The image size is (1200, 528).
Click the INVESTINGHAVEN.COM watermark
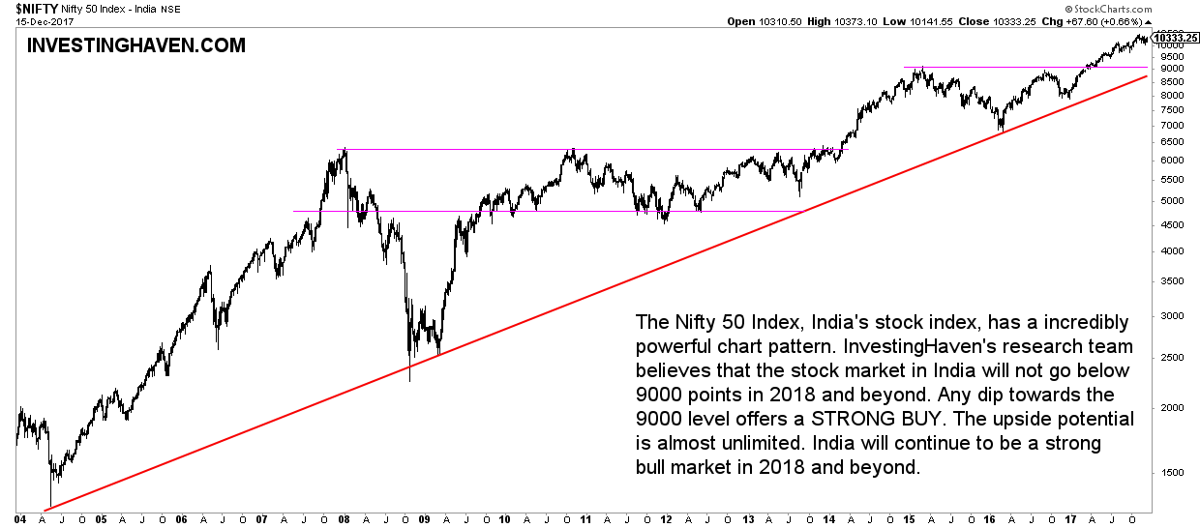[135, 45]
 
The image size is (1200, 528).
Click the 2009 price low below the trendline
[409, 380]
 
